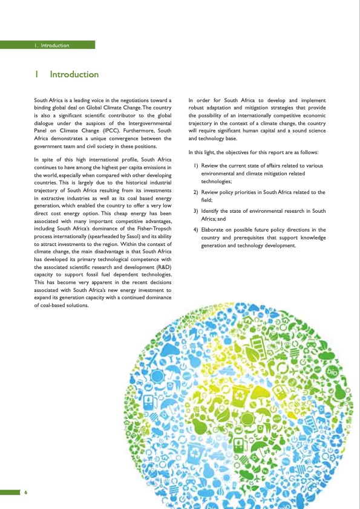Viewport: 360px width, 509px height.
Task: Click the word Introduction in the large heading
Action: click(x=74, y=74)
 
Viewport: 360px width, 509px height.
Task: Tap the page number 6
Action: click(x=26, y=492)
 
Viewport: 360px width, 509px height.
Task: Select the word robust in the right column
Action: click(x=198, y=107)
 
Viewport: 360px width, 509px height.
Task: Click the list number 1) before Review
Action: click(x=196, y=166)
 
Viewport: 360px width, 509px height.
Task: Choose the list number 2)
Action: click(x=196, y=192)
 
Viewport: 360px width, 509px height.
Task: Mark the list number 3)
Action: click(x=196, y=211)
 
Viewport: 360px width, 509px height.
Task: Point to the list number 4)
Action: click(x=196, y=230)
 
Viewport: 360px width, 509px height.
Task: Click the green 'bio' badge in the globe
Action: click(x=332, y=369)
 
